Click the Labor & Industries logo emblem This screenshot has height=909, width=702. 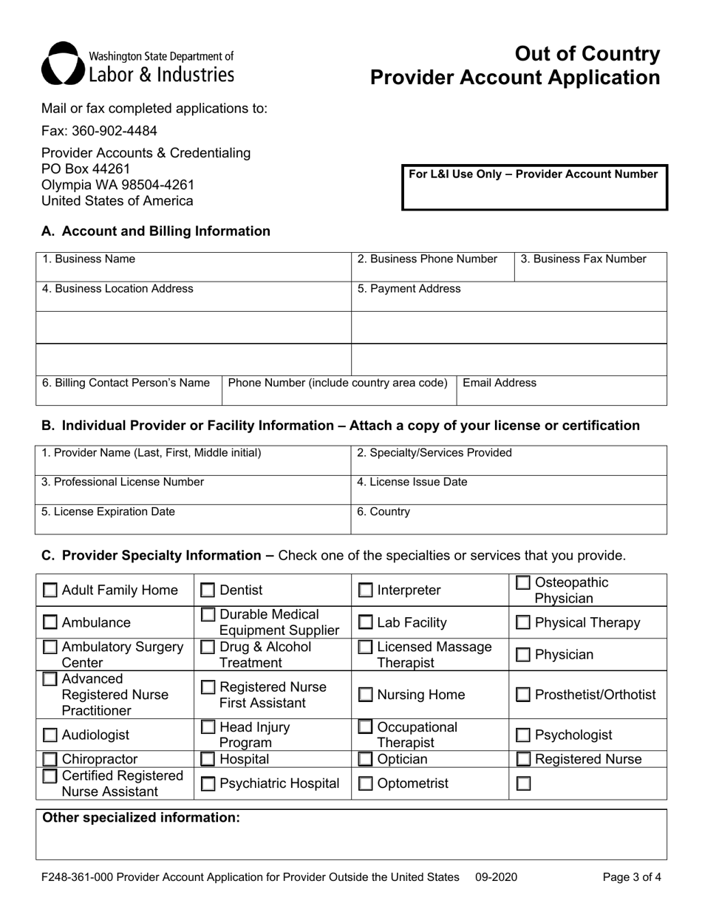(x=62, y=63)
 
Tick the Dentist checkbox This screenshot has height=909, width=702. (x=208, y=590)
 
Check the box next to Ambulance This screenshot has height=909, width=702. (x=50, y=623)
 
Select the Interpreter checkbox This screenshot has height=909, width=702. (x=366, y=590)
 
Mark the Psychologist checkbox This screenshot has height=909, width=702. (x=522, y=735)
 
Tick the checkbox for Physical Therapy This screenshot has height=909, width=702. (x=522, y=623)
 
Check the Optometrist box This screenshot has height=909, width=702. (x=366, y=784)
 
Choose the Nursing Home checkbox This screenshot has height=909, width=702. (x=366, y=695)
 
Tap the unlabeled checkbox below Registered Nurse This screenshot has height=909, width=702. (x=523, y=784)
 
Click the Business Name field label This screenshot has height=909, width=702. (x=89, y=259)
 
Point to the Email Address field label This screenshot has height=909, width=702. (x=500, y=383)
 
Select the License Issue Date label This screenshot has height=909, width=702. (x=412, y=482)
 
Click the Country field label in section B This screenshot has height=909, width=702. (x=384, y=511)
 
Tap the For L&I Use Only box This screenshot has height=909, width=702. (x=534, y=188)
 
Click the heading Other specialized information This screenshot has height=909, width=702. (x=141, y=817)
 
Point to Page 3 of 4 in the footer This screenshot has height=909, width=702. (x=632, y=878)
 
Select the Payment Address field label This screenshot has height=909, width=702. (x=409, y=289)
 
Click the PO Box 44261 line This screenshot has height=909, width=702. (x=86, y=168)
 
